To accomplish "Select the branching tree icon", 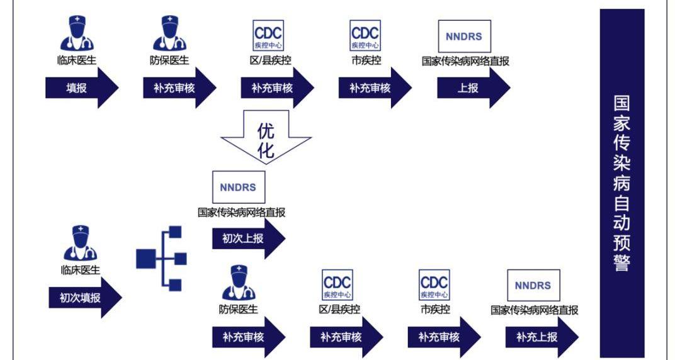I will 162,258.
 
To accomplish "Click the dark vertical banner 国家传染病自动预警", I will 622,183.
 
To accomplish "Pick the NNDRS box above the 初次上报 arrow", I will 239,187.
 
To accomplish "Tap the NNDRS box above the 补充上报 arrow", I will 533,285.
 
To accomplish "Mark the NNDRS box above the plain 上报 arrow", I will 464,36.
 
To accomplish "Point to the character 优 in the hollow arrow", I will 266,130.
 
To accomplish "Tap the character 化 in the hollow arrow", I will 266,150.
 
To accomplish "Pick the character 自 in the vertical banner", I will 622,203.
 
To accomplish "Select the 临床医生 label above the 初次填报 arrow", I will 80,270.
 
